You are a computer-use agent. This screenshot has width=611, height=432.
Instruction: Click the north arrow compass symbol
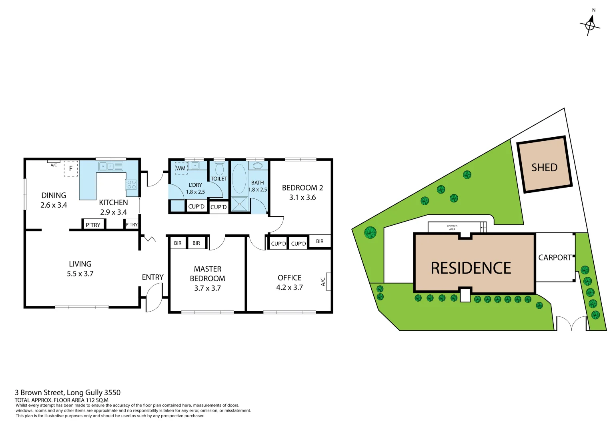590,25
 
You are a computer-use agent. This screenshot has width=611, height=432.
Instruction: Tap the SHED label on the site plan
544,167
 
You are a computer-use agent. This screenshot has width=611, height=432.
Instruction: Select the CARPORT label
555,258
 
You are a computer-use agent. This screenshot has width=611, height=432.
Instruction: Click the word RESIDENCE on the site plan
471,268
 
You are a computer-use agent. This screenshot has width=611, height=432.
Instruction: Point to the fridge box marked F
71,168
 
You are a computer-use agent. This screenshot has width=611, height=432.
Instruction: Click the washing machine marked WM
181,168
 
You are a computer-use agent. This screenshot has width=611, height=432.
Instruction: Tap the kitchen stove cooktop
132,184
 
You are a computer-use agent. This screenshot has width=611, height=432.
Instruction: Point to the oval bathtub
239,178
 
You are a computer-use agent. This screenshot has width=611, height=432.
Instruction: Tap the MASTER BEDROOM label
207,274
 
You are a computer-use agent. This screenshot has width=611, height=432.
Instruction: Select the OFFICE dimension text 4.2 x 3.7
289,287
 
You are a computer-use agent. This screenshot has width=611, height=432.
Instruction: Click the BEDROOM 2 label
302,188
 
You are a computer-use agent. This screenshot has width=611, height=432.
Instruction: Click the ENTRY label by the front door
152,277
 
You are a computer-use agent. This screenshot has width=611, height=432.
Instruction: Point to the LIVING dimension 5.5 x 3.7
80,274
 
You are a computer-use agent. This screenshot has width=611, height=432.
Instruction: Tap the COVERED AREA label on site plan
452,228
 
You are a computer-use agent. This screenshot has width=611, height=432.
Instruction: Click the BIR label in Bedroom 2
319,241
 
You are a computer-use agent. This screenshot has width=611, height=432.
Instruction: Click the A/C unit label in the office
323,282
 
